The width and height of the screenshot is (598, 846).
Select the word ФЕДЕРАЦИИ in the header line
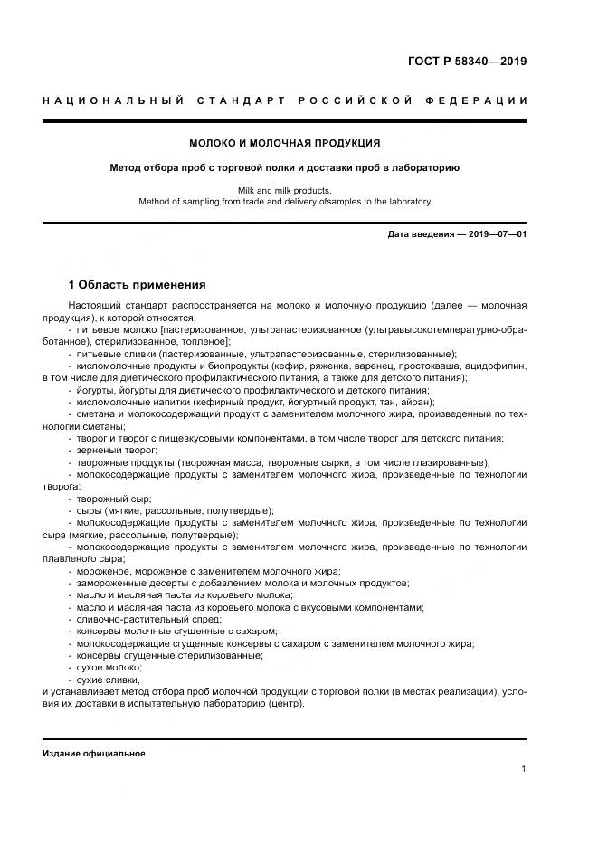480,100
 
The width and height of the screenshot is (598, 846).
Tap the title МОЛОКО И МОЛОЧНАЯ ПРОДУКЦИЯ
284,143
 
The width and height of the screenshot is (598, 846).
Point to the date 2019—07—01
494,234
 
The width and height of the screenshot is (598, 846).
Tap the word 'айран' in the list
417,402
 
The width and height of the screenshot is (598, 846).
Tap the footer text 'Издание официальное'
93,753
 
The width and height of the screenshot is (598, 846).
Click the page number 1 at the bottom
524,769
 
